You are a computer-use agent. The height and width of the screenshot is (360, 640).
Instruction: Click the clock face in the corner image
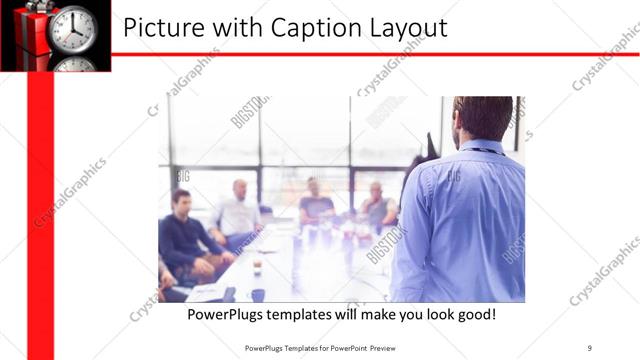pyautogui.click(x=73, y=27)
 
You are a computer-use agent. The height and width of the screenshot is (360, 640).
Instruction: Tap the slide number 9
pyautogui.click(x=589, y=347)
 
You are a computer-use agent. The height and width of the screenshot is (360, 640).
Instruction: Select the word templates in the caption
pyautogui.click(x=309, y=314)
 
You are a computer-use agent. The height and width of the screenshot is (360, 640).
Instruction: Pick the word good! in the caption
pyautogui.click(x=475, y=314)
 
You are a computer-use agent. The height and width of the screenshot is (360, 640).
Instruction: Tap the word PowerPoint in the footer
pyautogui.click(x=338, y=347)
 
